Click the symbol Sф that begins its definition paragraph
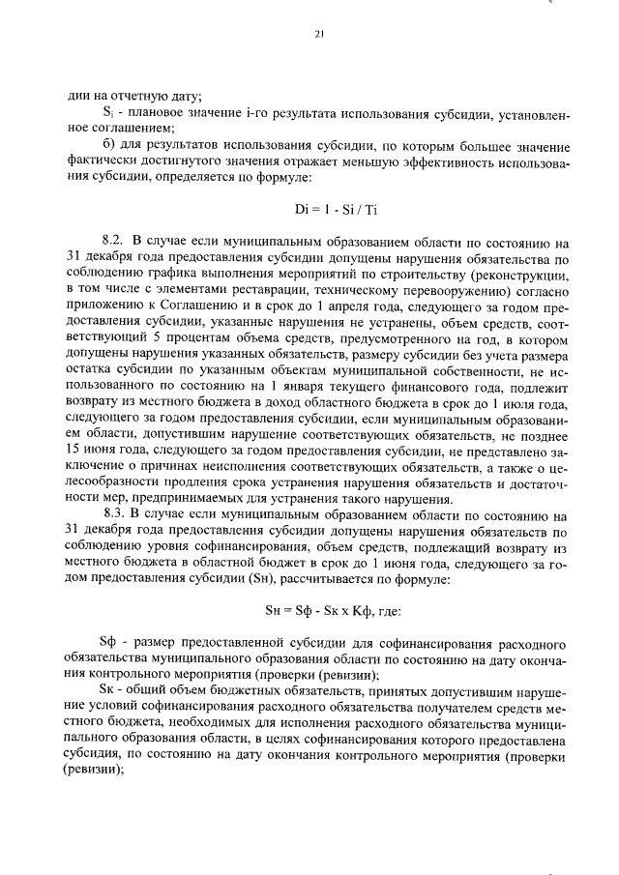pyautogui.click(x=108, y=643)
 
